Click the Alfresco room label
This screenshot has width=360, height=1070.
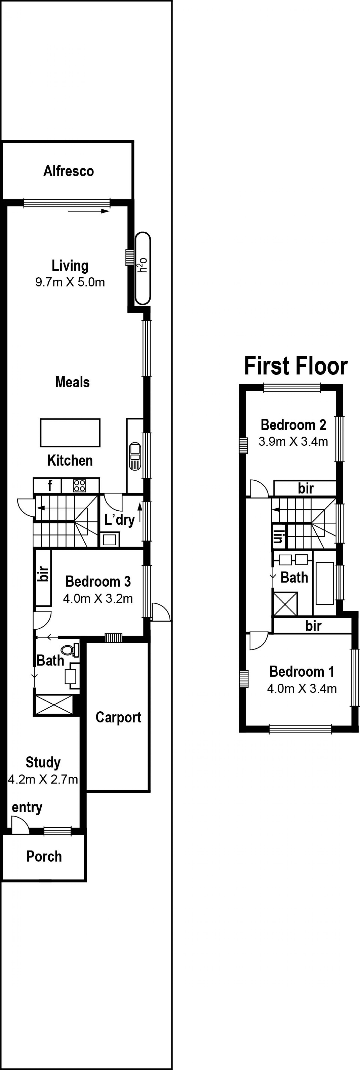68,171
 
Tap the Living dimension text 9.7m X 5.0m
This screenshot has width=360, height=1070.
70,282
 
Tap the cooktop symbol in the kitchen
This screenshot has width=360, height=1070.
79,485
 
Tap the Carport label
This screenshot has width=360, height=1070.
118,717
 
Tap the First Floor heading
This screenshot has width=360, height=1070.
296,366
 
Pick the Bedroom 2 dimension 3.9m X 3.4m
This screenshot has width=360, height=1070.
293,442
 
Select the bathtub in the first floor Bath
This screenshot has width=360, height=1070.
325,583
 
